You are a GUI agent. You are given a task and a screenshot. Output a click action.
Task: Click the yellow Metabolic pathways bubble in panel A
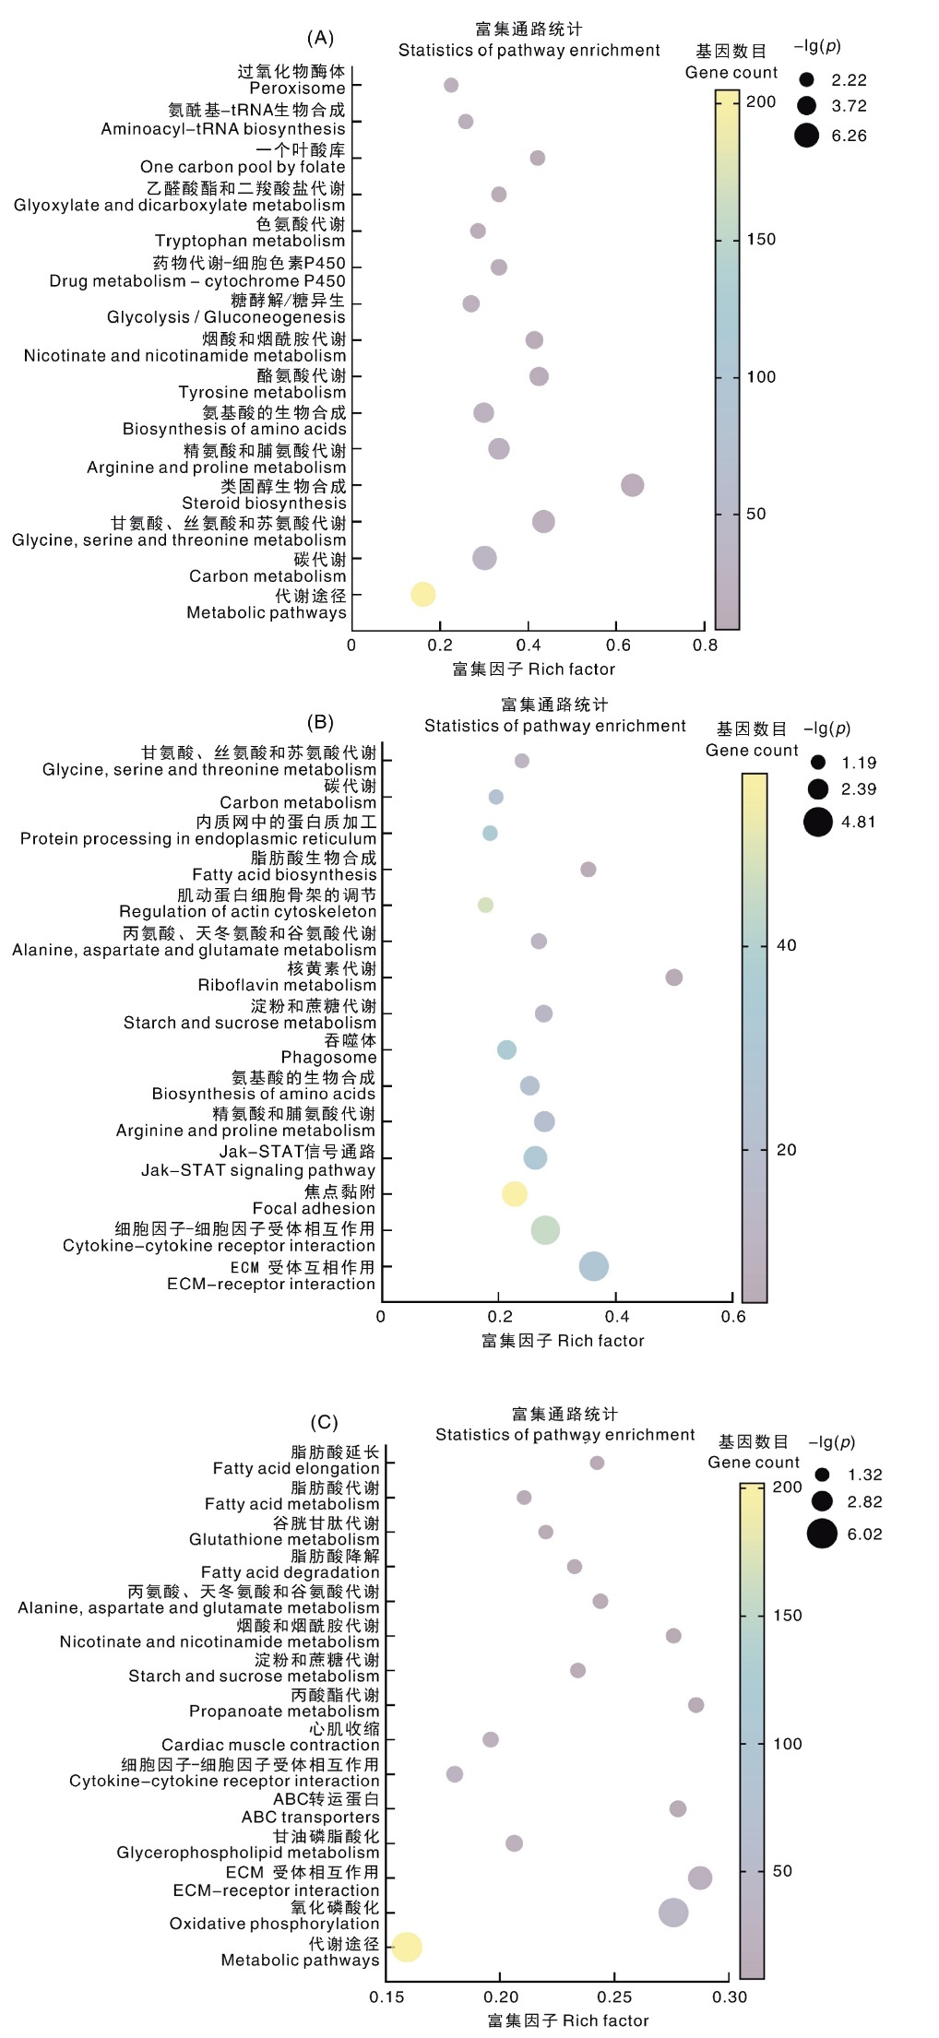422,595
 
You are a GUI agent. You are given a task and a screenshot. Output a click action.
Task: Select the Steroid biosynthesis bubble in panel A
632,485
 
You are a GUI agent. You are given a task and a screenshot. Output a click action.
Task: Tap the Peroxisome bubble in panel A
451,86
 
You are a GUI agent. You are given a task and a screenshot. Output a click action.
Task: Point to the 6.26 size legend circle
807,136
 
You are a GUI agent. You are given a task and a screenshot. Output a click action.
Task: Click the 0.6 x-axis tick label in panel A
617,646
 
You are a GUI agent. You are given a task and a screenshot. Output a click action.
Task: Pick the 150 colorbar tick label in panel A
761,240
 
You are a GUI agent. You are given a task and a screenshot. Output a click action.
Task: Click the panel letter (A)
320,38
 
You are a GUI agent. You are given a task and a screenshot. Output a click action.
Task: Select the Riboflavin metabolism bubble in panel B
674,978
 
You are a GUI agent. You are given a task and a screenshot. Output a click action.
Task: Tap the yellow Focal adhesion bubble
515,1194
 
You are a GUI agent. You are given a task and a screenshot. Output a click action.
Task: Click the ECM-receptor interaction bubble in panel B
594,1266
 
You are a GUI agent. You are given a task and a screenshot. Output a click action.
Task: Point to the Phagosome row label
329,1058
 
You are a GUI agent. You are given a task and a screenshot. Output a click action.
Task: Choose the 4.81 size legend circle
818,822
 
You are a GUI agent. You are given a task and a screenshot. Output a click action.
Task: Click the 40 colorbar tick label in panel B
786,945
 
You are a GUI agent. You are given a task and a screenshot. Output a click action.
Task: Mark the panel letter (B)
320,722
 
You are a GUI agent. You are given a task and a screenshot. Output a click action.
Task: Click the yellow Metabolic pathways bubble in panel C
407,1948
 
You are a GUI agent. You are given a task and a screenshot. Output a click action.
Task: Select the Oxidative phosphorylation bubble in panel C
673,1913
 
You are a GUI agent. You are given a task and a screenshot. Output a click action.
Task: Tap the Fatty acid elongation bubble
597,1463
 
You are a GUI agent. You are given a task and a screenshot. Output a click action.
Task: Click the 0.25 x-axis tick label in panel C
614,1997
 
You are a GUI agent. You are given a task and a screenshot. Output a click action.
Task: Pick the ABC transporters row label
311,1817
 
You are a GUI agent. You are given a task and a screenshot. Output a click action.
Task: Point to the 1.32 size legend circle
822,1475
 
